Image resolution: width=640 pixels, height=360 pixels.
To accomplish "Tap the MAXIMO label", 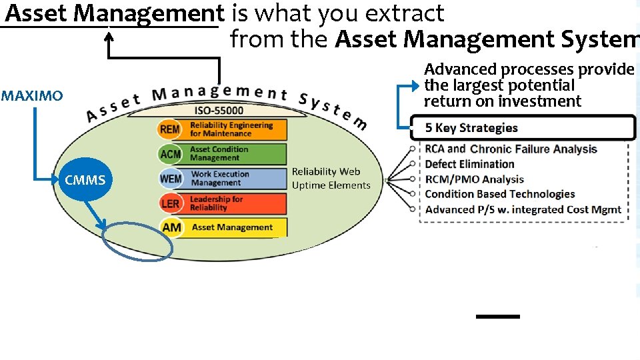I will [x=32, y=96].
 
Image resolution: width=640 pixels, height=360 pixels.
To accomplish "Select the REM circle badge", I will [x=170, y=129].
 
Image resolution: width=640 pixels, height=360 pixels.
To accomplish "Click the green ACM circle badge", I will [x=170, y=154].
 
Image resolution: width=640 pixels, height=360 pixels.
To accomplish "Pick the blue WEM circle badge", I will [x=170, y=179].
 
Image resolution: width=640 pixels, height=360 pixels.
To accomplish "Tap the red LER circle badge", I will [x=170, y=203].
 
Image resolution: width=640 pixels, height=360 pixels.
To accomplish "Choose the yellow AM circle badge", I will [x=171, y=227].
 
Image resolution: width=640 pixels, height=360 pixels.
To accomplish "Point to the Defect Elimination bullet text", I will [x=469, y=164].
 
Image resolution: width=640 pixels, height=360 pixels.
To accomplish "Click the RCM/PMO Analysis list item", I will [x=474, y=179].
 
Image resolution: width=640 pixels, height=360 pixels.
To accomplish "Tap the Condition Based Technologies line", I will [x=499, y=194].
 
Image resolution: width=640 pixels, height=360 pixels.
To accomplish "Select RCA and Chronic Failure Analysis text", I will [x=511, y=149].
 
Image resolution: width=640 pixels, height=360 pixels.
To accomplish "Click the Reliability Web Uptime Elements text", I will [x=331, y=179].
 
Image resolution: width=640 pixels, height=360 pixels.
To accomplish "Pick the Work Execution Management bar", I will [x=236, y=179].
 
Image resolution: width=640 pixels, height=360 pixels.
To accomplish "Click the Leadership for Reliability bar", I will [x=236, y=203].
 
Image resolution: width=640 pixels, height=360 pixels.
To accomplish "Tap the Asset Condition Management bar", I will [x=236, y=154].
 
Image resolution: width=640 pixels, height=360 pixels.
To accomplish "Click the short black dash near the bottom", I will [x=497, y=316].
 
